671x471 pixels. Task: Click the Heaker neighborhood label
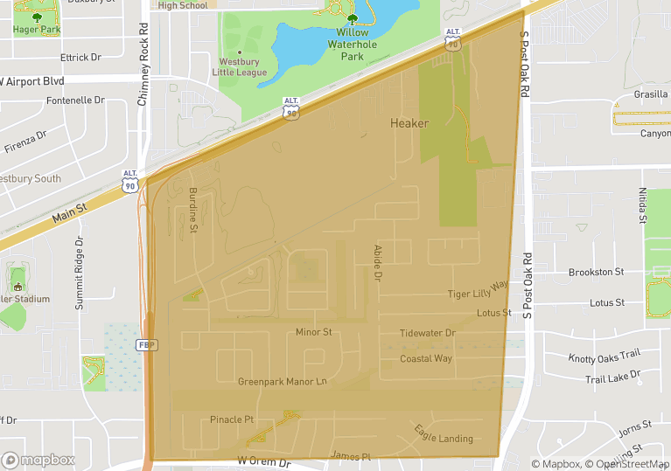[409, 123]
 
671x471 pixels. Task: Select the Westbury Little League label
[240, 67]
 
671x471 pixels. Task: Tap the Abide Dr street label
[378, 263]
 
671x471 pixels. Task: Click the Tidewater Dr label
[428, 333]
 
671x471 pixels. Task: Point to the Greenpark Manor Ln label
[282, 382]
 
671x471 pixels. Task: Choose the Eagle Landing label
[444, 433]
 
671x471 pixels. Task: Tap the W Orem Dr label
[263, 461]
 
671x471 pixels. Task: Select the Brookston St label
[596, 273]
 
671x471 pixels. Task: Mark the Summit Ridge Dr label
[79, 274]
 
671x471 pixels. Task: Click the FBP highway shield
[147, 345]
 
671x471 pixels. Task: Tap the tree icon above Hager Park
[37, 17]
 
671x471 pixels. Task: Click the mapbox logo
[39, 460]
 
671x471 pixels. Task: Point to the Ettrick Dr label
[80, 58]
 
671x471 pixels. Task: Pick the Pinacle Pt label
[232, 419]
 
